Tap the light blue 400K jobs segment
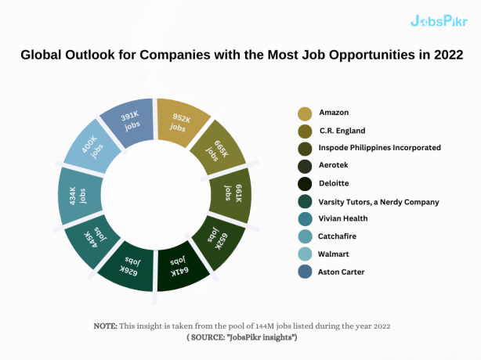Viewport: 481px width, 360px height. [x=89, y=149]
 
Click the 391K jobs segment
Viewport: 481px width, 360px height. [x=128, y=121]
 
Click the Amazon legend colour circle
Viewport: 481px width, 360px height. [x=305, y=113]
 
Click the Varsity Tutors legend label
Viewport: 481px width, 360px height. [x=378, y=202]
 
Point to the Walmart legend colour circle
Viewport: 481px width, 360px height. [x=305, y=254]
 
